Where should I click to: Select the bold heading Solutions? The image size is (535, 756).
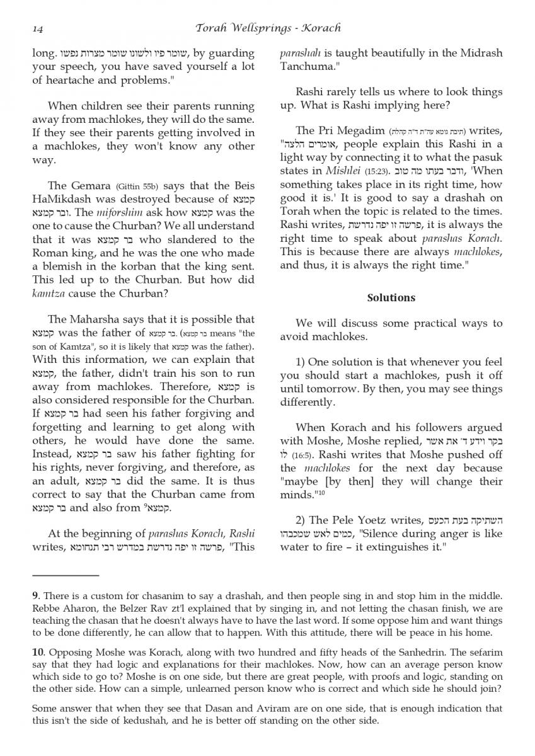[391, 297]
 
